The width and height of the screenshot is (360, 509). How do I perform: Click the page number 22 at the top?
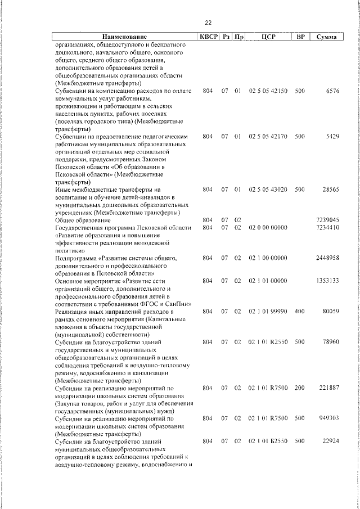pos(208,23)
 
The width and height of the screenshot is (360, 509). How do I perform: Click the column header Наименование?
pos(124,37)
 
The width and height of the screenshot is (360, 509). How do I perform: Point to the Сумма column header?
pos(327,37)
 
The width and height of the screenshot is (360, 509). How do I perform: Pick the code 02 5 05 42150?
pos(268,91)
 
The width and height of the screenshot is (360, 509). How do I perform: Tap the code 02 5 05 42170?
pos(268,136)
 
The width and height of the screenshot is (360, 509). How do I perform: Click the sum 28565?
pos(330,190)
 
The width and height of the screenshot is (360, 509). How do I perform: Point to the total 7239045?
pos(327,220)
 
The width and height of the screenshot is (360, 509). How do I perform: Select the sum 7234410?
pos(327,227)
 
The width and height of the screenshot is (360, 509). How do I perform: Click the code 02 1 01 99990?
pos(268,311)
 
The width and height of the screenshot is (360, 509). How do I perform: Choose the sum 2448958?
pos(327,258)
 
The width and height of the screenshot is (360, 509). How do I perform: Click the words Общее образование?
pos(82,220)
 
